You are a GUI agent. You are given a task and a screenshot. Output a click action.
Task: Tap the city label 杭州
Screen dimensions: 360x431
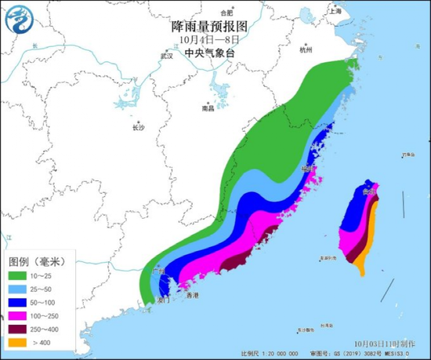pyautogui.click(x=306, y=49)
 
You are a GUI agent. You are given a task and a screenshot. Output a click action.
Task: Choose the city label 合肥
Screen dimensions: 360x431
pyautogui.click(x=226, y=13)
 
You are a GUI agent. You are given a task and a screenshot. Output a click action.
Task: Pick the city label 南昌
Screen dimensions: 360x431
pyautogui.click(x=207, y=109)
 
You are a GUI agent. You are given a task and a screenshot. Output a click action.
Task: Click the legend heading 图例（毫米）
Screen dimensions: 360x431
pyautogui.click(x=38, y=260)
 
